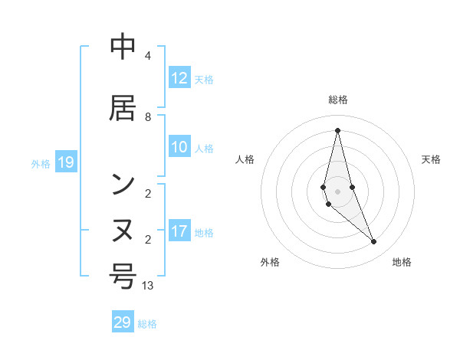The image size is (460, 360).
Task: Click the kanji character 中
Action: (x=123, y=47)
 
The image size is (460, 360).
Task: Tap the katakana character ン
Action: (x=123, y=184)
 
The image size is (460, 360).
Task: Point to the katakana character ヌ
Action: (x=123, y=231)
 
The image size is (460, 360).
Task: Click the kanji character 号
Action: (x=123, y=276)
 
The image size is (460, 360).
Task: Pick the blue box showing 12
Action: (x=179, y=78)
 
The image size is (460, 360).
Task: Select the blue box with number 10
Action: (x=179, y=148)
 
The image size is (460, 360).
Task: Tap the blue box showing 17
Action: (x=179, y=232)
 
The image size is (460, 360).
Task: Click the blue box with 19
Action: (x=66, y=162)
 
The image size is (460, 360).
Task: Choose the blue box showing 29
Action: (x=123, y=322)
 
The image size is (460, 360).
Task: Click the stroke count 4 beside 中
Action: (x=147, y=57)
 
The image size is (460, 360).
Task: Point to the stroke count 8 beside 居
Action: (x=147, y=117)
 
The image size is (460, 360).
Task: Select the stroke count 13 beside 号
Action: (x=148, y=286)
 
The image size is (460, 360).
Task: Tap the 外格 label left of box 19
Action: (x=41, y=163)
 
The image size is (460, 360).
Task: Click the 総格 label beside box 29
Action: (x=147, y=324)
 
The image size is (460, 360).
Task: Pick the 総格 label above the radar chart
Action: (x=337, y=100)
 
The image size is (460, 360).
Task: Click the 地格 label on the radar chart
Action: (x=402, y=262)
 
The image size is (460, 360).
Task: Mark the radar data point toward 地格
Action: (x=373, y=242)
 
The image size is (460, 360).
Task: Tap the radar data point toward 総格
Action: (x=337, y=130)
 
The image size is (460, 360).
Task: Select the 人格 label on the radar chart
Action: (x=245, y=159)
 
